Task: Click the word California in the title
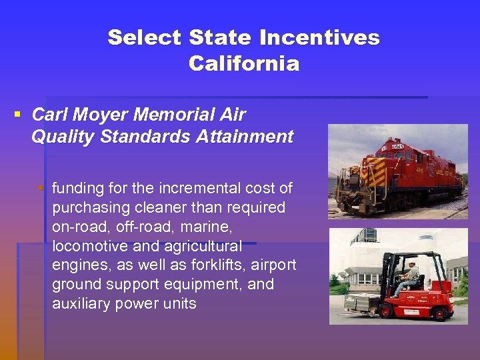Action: (x=244, y=64)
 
